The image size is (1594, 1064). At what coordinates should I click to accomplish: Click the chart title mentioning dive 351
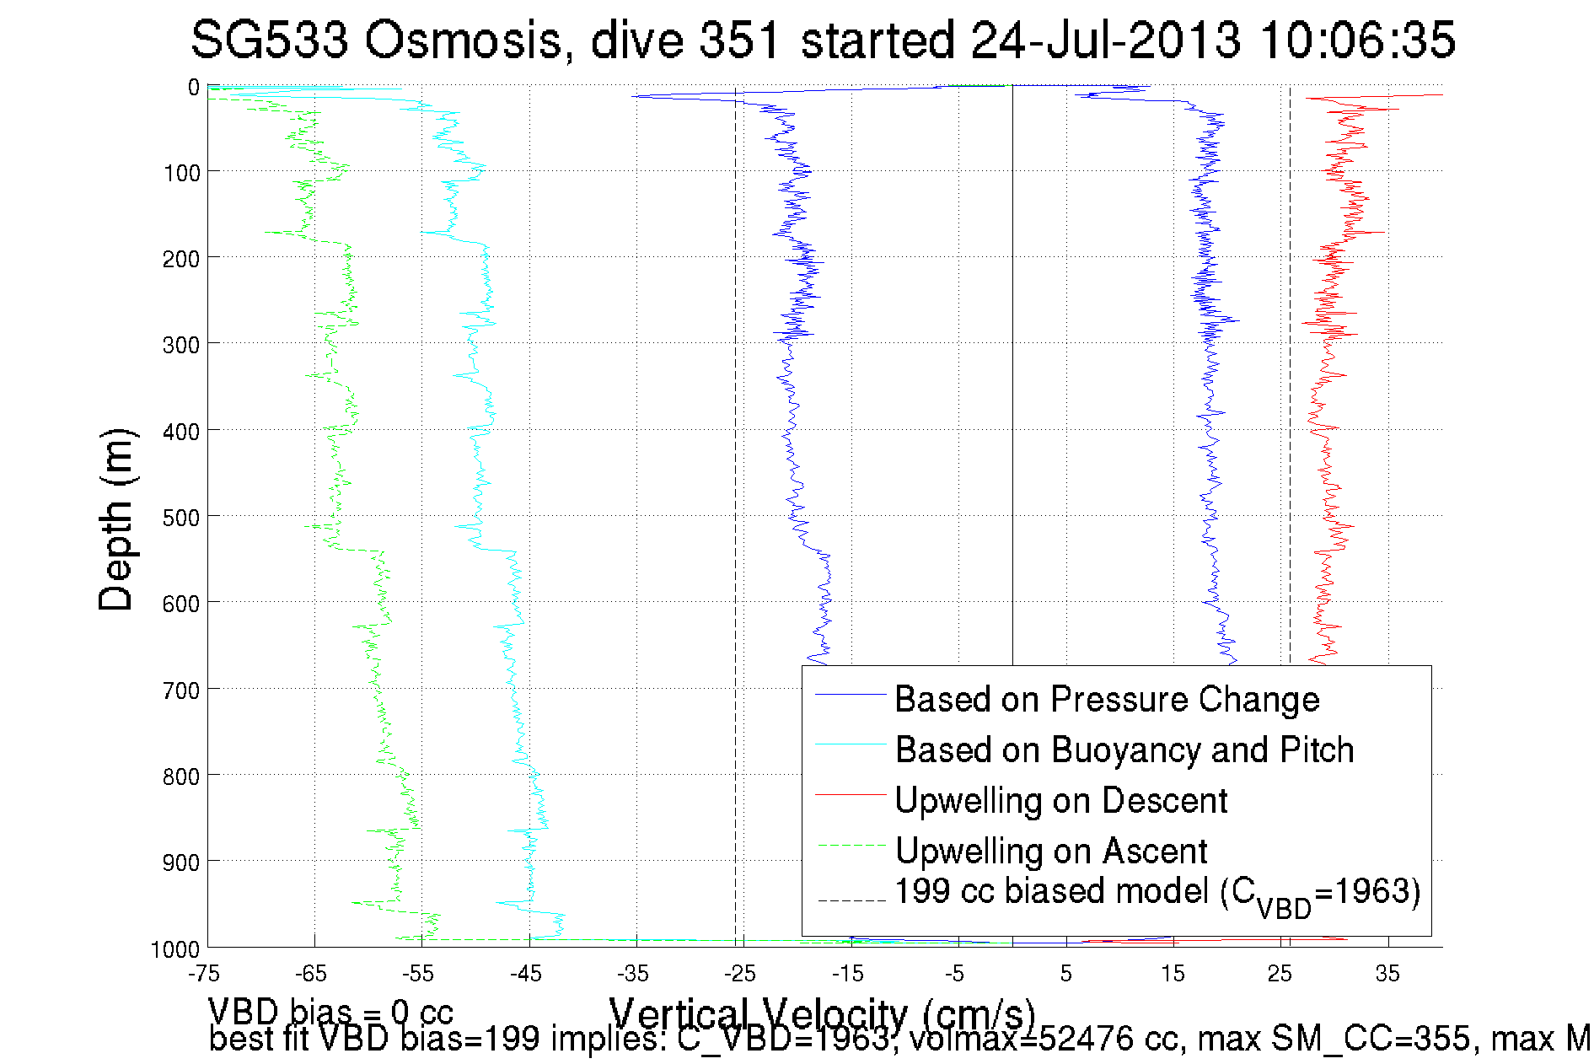pyautogui.click(x=823, y=40)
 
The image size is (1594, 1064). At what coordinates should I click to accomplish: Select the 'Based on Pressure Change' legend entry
pyautogui.click(x=1106, y=699)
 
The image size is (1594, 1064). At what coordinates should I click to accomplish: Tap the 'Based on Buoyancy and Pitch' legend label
pyautogui.click(x=1124, y=750)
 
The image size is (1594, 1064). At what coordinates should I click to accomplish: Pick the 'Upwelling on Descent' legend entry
pyautogui.click(x=1060, y=800)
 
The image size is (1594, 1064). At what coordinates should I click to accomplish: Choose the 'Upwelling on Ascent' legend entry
pyautogui.click(x=1050, y=851)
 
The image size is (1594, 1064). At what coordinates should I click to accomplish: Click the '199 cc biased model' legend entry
pyautogui.click(x=1157, y=893)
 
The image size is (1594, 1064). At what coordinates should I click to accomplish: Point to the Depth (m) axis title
pyautogui.click(x=116, y=519)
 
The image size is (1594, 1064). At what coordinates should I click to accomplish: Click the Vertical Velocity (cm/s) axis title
pyautogui.click(x=822, y=1013)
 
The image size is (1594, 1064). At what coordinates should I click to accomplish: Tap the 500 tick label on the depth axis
pyautogui.click(x=180, y=517)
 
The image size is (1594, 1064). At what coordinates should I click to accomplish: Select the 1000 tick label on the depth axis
pyautogui.click(x=175, y=949)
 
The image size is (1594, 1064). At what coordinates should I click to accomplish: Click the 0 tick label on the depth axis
pyautogui.click(x=193, y=87)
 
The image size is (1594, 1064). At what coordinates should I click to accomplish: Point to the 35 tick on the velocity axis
pyautogui.click(x=1387, y=974)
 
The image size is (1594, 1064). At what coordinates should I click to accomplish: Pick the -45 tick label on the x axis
pyautogui.click(x=525, y=974)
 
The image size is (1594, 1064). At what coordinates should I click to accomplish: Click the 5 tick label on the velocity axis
pyautogui.click(x=1065, y=974)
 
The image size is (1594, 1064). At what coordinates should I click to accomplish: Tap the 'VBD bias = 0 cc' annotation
pyautogui.click(x=330, y=1011)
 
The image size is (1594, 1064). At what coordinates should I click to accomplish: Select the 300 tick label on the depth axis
pyautogui.click(x=180, y=345)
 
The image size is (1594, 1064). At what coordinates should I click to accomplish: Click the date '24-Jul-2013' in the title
pyautogui.click(x=1105, y=40)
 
